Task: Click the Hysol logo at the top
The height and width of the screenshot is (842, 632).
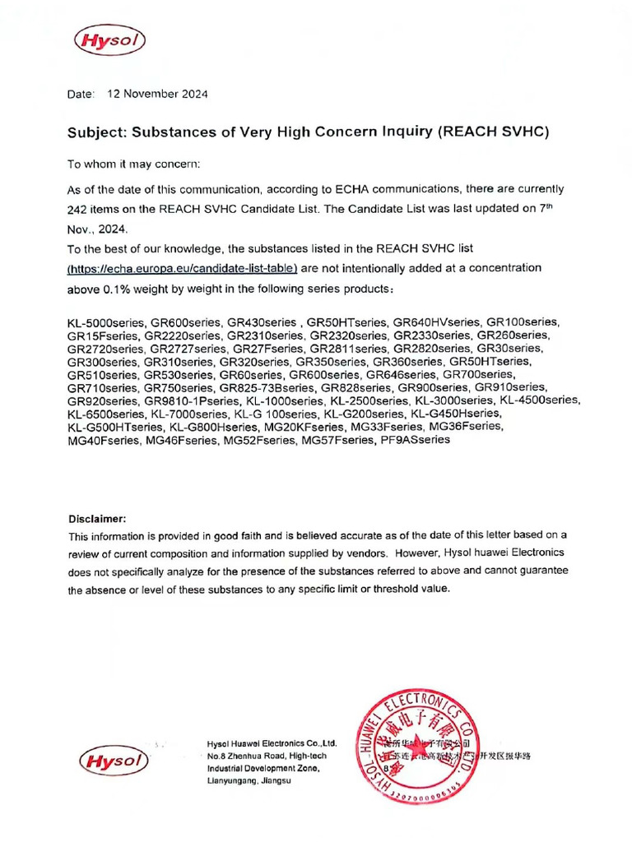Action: click(x=107, y=39)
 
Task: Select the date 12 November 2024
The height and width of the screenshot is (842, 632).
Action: click(x=157, y=94)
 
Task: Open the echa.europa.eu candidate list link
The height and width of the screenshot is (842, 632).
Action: click(x=182, y=269)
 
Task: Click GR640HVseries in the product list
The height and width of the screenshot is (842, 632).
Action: click(x=437, y=322)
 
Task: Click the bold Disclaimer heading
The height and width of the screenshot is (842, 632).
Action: click(x=97, y=519)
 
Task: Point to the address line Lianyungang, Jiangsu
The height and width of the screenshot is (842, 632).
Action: click(x=249, y=780)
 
